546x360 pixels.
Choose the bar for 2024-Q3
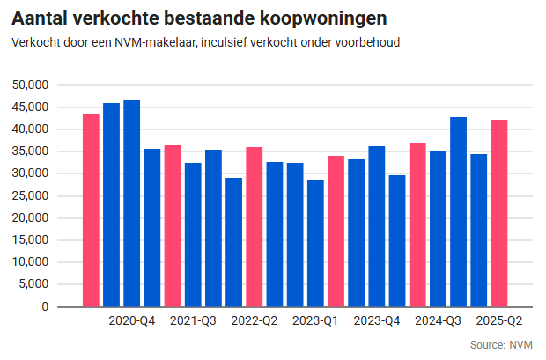(x=438, y=229)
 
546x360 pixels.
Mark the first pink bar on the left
(x=91, y=211)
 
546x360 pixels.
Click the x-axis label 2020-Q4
(x=132, y=321)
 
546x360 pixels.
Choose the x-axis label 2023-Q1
(x=315, y=321)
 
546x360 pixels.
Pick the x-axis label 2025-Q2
(x=499, y=321)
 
